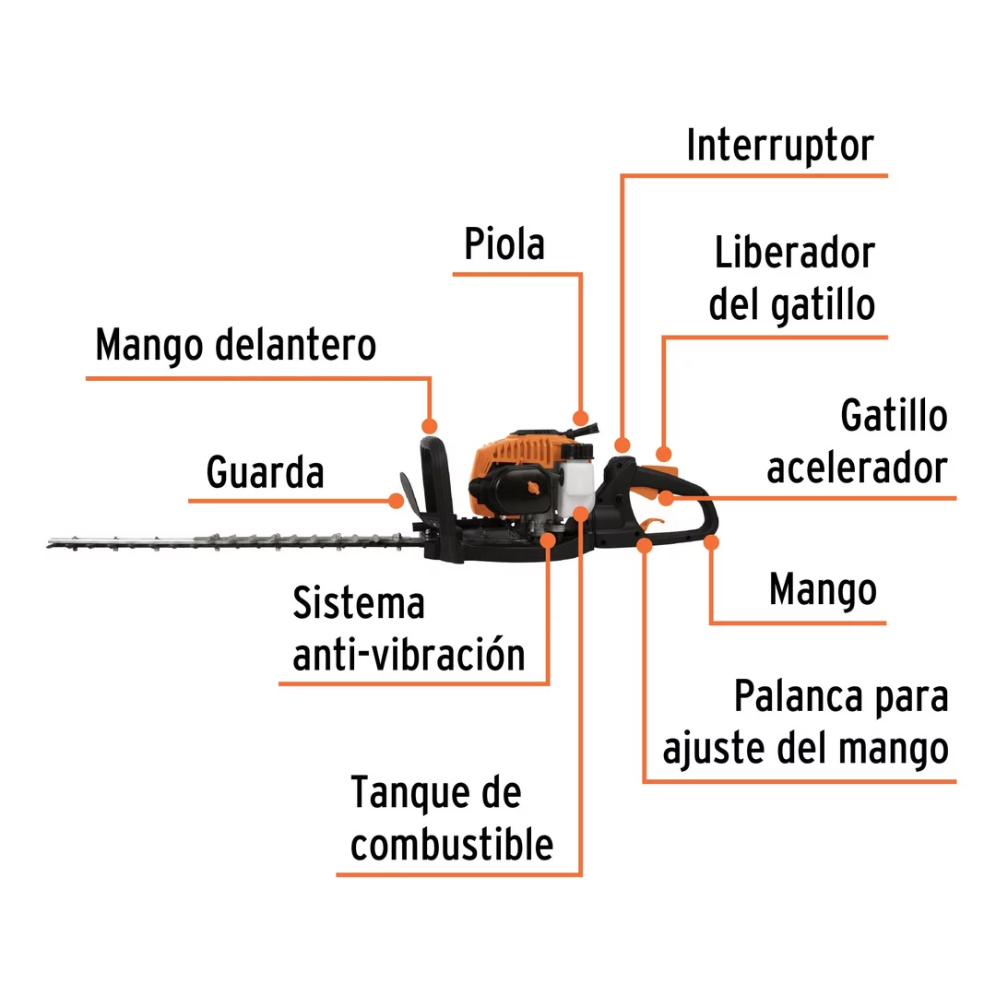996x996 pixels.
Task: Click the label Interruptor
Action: point(780,146)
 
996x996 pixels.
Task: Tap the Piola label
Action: point(504,243)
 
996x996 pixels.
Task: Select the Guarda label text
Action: point(265,472)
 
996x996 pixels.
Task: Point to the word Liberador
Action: point(795,253)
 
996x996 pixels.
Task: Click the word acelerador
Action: point(857,468)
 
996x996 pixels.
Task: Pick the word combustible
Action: point(452,845)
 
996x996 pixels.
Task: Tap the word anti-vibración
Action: point(409,655)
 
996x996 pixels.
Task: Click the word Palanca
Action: point(798,696)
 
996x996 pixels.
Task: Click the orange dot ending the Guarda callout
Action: point(396,501)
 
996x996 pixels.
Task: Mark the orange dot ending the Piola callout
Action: point(580,418)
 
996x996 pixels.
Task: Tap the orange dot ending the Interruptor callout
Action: point(622,445)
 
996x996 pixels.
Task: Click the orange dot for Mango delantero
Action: point(430,425)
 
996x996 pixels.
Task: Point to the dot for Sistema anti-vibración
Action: point(548,540)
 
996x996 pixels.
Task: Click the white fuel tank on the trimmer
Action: point(576,479)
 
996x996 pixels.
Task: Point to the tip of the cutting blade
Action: point(48,544)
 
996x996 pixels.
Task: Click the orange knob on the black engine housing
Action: point(532,488)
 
